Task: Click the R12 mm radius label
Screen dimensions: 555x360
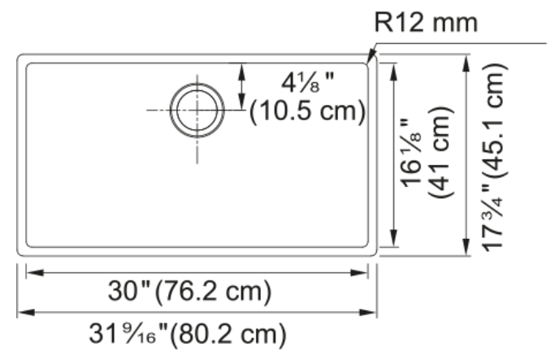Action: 426,23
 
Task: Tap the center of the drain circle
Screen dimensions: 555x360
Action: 197,110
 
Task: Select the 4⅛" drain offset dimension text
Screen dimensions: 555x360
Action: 308,83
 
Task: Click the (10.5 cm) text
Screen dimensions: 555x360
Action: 308,111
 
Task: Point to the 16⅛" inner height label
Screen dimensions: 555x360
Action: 410,153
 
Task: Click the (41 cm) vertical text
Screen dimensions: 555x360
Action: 440,152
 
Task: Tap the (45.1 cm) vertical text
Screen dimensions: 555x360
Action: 495,121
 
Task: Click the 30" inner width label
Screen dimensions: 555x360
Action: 129,291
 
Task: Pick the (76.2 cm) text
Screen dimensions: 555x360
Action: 214,292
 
